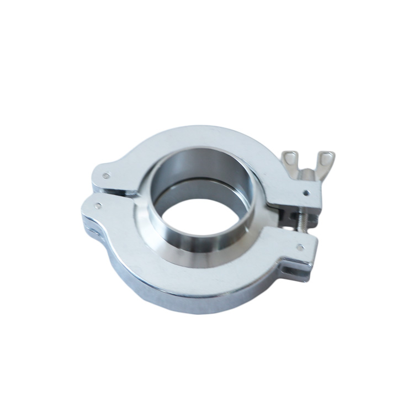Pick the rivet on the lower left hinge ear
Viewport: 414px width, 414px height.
[98, 206]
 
